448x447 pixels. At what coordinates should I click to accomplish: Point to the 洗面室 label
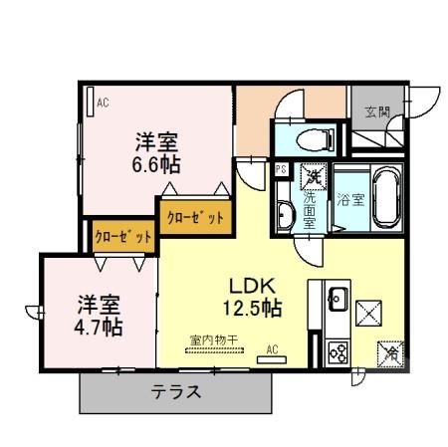pyautogui.click(x=311, y=209)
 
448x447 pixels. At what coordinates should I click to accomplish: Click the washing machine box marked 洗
pyautogui.click(x=313, y=176)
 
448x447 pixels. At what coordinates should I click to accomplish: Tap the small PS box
pyautogui.click(x=281, y=169)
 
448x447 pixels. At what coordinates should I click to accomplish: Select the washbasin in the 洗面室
pyautogui.click(x=287, y=212)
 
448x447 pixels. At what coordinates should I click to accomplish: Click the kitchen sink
pyautogui.click(x=336, y=298)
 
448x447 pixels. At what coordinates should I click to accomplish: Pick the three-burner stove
pyautogui.click(x=336, y=350)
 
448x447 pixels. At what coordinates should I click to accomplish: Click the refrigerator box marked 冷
pyautogui.click(x=391, y=351)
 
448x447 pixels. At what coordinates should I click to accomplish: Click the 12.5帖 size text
pyautogui.click(x=254, y=308)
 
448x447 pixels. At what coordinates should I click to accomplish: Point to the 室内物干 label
pyautogui.click(x=212, y=341)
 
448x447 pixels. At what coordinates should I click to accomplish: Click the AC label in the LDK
pyautogui.click(x=273, y=349)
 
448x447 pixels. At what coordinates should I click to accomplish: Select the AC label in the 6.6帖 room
pyautogui.click(x=102, y=100)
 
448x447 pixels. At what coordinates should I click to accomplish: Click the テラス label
pyautogui.click(x=176, y=391)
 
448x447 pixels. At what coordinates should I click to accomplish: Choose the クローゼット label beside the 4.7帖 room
pyautogui.click(x=123, y=238)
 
